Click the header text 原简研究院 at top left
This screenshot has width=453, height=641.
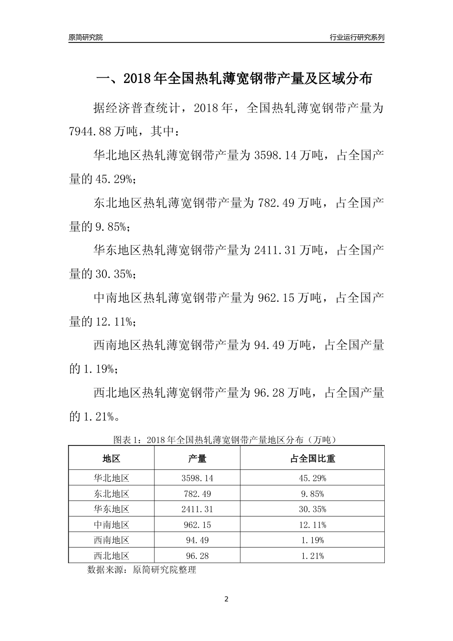click(86, 37)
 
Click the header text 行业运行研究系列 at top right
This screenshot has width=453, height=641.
click(357, 37)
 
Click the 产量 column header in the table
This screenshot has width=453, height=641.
click(197, 458)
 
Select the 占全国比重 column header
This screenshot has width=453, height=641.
click(312, 458)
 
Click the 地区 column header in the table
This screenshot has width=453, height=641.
click(111, 458)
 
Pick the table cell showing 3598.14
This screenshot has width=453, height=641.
click(197, 478)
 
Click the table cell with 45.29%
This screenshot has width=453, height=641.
click(312, 478)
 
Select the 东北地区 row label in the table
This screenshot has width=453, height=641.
click(111, 494)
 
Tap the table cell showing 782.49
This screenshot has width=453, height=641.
click(197, 494)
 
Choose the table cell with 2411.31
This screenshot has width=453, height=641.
click(197, 509)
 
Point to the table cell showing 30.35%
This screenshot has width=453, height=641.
click(312, 509)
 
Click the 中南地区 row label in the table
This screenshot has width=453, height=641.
click(111, 525)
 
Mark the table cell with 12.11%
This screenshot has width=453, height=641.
click(312, 525)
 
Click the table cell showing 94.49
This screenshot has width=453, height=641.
click(197, 540)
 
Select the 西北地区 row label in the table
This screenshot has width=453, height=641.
click(111, 556)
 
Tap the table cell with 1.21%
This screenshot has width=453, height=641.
click(312, 556)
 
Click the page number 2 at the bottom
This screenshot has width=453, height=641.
click(226, 599)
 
